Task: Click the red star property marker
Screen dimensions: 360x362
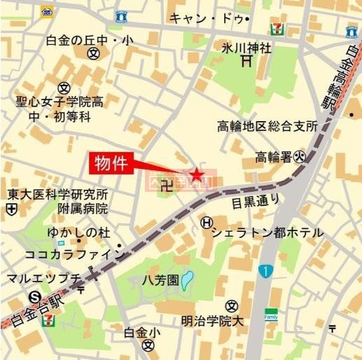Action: click(197, 173)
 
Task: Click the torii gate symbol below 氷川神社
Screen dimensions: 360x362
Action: click(246, 62)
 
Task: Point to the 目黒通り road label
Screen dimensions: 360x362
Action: click(256, 202)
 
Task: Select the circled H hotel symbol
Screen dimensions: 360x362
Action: click(206, 223)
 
